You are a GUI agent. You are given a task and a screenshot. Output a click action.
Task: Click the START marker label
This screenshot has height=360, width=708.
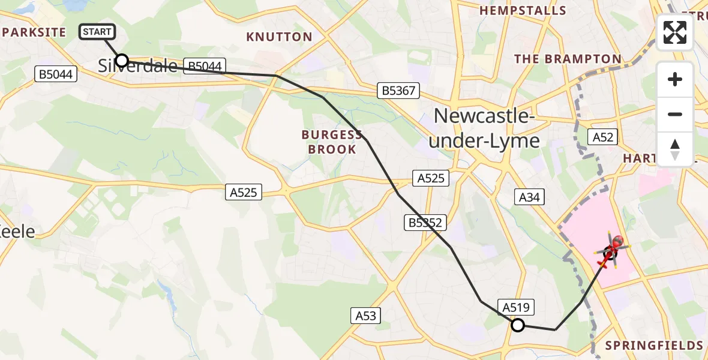(x=97, y=32)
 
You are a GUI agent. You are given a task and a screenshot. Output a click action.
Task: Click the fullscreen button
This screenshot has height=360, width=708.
(x=675, y=32)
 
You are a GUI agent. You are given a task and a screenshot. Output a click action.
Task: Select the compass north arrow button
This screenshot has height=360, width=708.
(x=675, y=149)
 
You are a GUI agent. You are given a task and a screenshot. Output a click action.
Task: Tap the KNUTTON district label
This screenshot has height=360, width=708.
(x=279, y=37)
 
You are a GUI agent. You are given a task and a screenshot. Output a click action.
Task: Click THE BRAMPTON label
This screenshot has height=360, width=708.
(x=568, y=59)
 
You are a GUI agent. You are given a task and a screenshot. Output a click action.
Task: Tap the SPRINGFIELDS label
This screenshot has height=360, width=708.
(x=654, y=346)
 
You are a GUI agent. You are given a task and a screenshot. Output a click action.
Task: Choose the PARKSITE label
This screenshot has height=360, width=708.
(x=33, y=32)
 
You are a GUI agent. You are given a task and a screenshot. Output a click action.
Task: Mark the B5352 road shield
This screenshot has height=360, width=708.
(x=425, y=223)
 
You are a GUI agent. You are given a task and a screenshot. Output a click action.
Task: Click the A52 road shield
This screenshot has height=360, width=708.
(x=602, y=137)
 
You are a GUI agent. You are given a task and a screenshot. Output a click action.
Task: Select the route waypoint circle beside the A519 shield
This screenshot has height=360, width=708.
(x=517, y=325)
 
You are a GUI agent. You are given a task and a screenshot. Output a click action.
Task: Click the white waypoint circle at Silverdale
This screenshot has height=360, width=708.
(x=122, y=60)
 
